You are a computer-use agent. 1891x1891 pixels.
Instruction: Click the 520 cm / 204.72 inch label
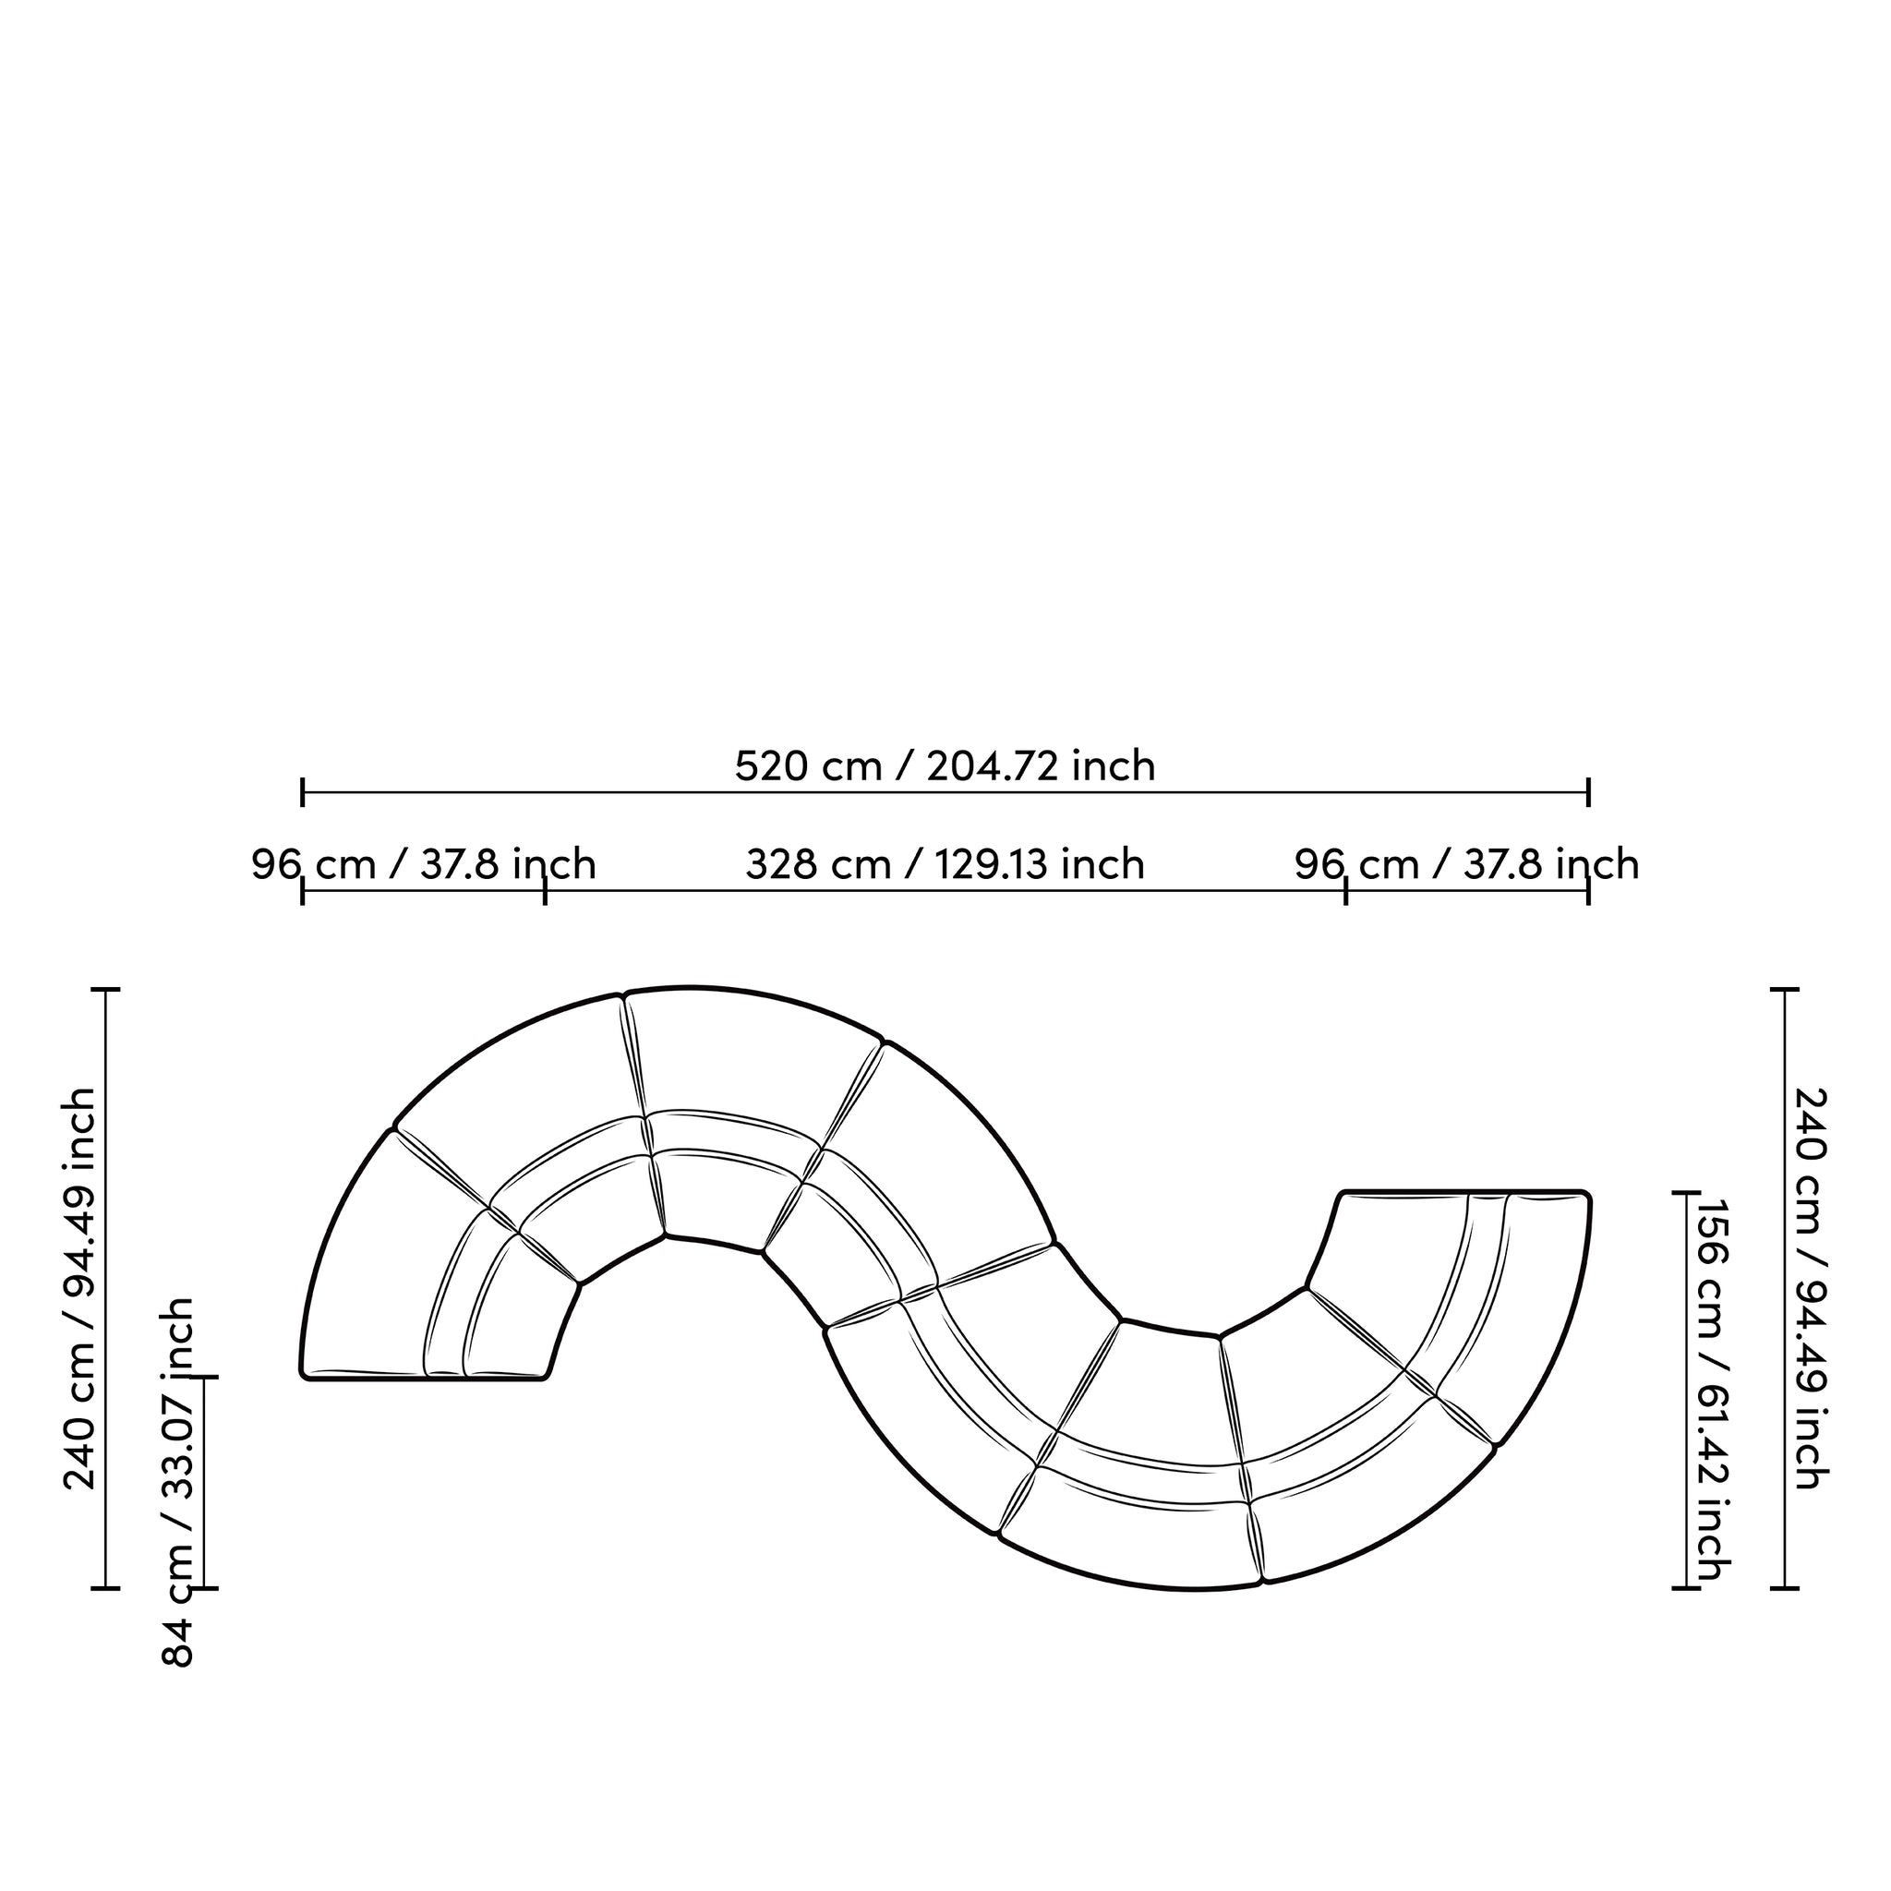click(x=945, y=765)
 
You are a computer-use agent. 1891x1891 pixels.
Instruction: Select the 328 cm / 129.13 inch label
click(x=945, y=865)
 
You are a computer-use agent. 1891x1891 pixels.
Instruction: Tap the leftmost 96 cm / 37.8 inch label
click(x=423, y=865)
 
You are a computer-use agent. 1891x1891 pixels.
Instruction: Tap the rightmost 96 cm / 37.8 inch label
click(x=1466, y=865)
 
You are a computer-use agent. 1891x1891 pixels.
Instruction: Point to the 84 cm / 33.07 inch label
click(x=178, y=1482)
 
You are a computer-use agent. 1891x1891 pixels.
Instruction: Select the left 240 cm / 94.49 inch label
click(x=80, y=1288)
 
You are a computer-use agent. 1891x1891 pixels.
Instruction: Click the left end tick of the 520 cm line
click(x=303, y=792)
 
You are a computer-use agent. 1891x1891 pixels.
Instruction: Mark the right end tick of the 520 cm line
click(x=1587, y=792)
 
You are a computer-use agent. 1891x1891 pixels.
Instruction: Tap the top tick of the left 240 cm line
click(x=105, y=991)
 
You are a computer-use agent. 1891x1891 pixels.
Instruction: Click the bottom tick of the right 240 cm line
click(x=1784, y=1587)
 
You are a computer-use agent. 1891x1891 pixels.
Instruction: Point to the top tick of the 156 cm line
click(x=1685, y=1193)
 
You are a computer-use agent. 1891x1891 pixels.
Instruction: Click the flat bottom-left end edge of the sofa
click(x=423, y=1379)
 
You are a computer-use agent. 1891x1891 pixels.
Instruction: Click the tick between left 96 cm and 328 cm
click(x=545, y=892)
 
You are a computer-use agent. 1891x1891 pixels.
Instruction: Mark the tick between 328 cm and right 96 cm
click(x=1346, y=892)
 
